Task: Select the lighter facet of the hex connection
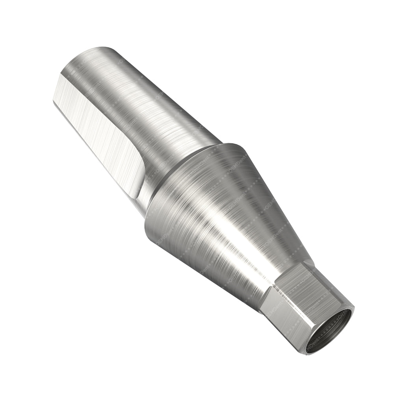[x=276, y=315]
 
